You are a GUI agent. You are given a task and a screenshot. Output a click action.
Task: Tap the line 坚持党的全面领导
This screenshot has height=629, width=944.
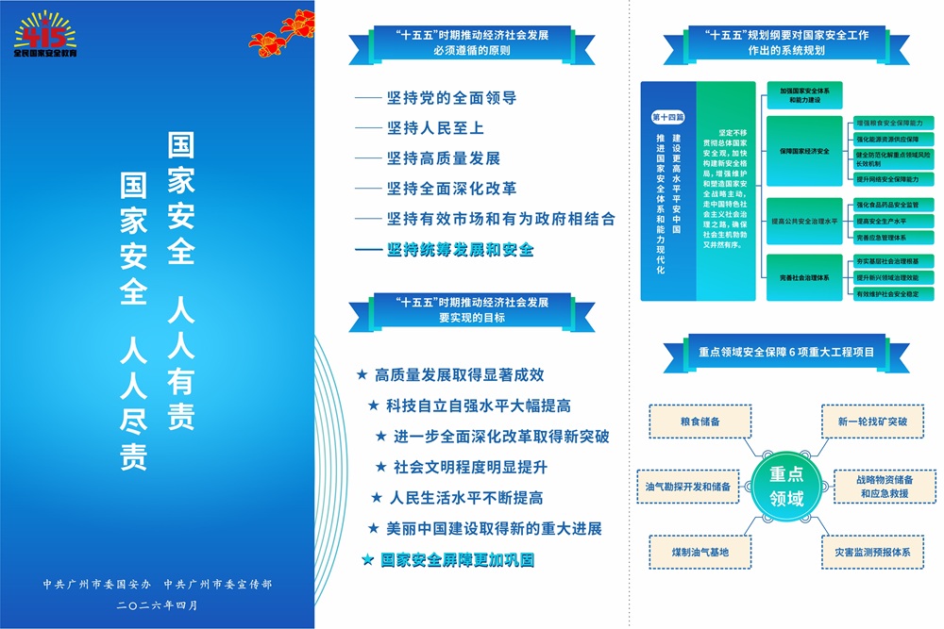[451, 98]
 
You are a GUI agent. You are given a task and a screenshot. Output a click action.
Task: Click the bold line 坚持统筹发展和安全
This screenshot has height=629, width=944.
[460, 250]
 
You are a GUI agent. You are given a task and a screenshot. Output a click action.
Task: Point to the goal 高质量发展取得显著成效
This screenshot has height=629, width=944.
[459, 375]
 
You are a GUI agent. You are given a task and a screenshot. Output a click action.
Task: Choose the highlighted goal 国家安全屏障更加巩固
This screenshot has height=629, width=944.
[457, 559]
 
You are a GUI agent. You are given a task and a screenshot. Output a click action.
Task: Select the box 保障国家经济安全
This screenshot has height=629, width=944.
[804, 151]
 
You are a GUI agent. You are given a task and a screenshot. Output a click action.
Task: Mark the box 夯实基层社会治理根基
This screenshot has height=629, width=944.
[891, 260]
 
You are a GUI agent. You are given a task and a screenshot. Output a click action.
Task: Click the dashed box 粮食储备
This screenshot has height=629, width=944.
[700, 422]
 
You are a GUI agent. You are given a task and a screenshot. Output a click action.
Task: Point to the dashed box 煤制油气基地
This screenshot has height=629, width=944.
[700, 551]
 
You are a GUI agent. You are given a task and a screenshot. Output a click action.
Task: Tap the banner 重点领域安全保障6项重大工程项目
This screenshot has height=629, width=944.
[786, 351]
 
